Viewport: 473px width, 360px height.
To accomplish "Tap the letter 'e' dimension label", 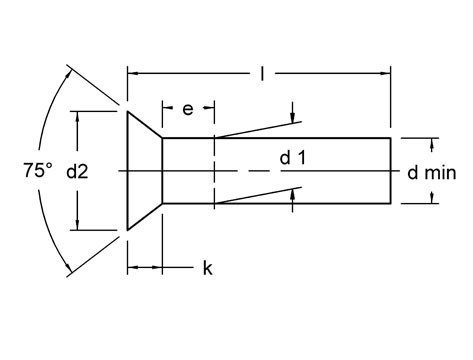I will click(186, 108).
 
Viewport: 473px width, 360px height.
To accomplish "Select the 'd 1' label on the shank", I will click(291, 157).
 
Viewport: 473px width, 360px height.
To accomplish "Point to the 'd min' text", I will click(432, 172).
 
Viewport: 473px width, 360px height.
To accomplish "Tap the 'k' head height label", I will click(207, 268).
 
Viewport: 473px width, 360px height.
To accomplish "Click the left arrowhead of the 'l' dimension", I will click(133, 72).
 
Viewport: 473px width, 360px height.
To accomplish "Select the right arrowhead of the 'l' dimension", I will click(384, 72).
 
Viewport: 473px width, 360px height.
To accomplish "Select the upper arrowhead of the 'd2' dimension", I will click(77, 116).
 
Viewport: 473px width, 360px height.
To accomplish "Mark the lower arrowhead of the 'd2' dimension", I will click(77, 225).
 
